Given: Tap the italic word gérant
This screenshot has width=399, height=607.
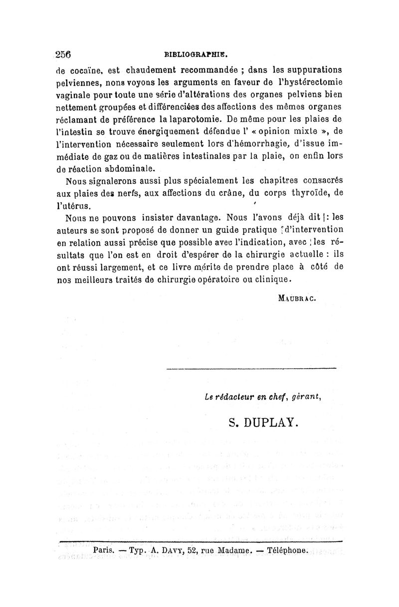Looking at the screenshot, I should click(306, 397).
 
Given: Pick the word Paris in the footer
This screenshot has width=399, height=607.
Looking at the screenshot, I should click(104, 550).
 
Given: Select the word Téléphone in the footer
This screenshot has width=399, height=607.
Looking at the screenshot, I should click(289, 550).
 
